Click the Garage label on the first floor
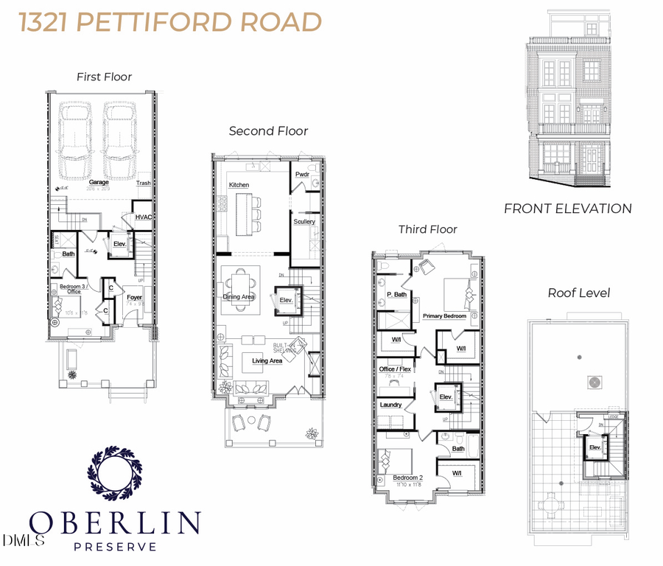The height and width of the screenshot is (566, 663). [99, 182]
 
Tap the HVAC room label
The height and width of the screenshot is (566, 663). [143, 217]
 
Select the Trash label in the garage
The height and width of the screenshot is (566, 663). [144, 183]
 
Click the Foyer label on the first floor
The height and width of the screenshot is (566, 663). [134, 298]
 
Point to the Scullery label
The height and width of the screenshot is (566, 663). [304, 221]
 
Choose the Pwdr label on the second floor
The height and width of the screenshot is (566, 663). [302, 175]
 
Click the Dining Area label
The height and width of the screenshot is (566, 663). [239, 297]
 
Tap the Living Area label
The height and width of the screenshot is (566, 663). [267, 361]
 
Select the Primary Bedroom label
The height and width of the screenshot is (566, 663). [444, 316]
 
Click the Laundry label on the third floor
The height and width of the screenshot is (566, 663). [390, 405]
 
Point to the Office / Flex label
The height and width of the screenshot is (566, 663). [396, 368]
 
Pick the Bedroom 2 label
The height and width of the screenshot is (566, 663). [407, 478]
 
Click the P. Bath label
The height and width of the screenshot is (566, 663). [397, 295]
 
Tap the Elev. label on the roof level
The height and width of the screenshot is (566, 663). [595, 447]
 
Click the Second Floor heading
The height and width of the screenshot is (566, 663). [268, 131]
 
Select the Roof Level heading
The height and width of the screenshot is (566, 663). [578, 293]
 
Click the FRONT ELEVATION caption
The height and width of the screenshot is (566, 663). [567, 209]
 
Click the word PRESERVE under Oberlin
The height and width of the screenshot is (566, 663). [116, 547]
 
